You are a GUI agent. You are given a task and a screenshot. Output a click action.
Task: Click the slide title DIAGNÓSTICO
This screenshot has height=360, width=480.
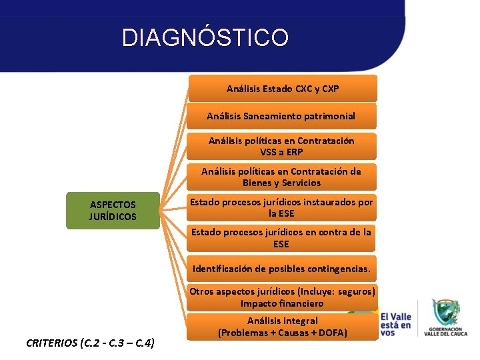(205, 37)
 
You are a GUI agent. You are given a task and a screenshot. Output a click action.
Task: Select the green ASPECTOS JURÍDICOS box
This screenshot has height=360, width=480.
(113, 211)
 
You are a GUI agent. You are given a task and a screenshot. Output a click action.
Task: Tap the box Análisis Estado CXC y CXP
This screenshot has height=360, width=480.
(283, 89)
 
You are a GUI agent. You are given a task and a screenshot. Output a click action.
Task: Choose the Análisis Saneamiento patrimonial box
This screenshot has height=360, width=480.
(281, 116)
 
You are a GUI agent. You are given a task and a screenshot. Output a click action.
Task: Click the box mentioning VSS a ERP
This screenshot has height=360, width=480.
(281, 147)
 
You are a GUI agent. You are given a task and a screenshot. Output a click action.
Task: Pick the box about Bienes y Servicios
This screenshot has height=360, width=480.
(281, 177)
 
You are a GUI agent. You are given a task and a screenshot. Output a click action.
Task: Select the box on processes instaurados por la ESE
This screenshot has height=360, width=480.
(281, 207)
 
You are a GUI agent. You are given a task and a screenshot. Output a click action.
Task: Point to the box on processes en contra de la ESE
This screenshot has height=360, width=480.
(281, 238)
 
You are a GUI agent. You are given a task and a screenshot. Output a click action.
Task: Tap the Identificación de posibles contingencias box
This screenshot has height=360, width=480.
(281, 269)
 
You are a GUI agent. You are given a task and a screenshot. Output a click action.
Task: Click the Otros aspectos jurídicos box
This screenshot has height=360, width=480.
(282, 297)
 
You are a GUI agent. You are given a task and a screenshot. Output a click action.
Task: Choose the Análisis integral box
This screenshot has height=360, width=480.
(283, 327)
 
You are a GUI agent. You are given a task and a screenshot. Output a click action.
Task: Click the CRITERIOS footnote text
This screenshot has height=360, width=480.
(91, 343)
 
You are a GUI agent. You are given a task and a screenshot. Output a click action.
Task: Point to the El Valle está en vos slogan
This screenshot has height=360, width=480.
(396, 320)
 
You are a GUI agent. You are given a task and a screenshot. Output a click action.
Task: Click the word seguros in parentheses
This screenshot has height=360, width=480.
(355, 291)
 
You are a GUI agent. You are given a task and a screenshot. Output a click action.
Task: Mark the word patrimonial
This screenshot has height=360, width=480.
(327, 116)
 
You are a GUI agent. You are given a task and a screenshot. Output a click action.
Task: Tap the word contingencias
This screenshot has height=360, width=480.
(336, 269)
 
